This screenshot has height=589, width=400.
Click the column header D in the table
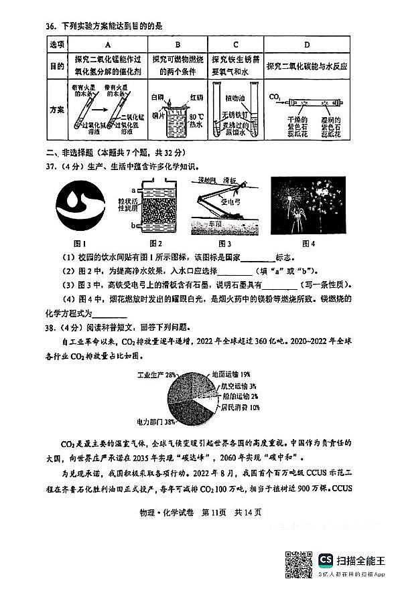(x=306, y=44)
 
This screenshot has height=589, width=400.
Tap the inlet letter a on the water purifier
(x=134, y=191)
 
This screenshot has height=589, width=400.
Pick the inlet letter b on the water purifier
(x=134, y=226)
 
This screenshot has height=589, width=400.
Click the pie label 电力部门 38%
(x=156, y=422)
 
